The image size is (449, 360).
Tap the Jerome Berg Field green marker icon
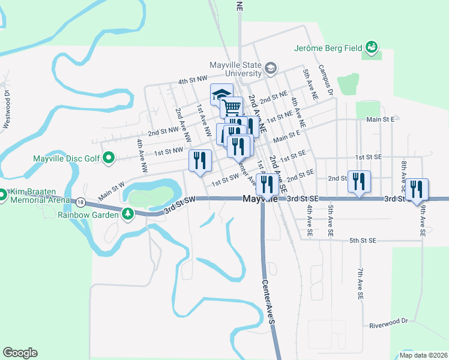coord(372,47)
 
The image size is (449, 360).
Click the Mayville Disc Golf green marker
coord(109,158)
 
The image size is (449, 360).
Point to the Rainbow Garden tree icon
coord(128,213)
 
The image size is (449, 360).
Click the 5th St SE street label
coord(363,240)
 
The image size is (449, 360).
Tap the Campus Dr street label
coord(325,81)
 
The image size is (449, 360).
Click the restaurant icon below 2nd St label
coord(359,181)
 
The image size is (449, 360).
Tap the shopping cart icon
coord(232,107)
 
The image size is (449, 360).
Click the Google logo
coord(20,353)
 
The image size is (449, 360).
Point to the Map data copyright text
coord(424,355)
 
